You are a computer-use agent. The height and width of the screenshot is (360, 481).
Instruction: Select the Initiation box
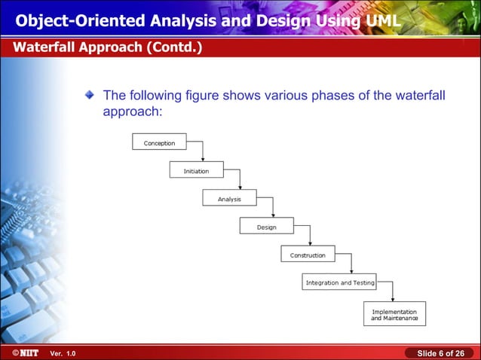[x=196, y=171]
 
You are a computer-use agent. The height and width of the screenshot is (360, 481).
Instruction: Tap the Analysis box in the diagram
[x=229, y=199]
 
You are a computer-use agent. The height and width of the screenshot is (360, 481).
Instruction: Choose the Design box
[x=266, y=227]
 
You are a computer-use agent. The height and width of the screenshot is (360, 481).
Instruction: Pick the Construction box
[x=308, y=255]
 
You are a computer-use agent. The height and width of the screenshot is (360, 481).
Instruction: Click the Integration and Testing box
[x=340, y=282]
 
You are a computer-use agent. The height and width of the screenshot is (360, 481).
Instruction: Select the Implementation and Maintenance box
[x=394, y=314]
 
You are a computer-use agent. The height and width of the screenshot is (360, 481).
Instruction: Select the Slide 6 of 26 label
[x=440, y=353]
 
